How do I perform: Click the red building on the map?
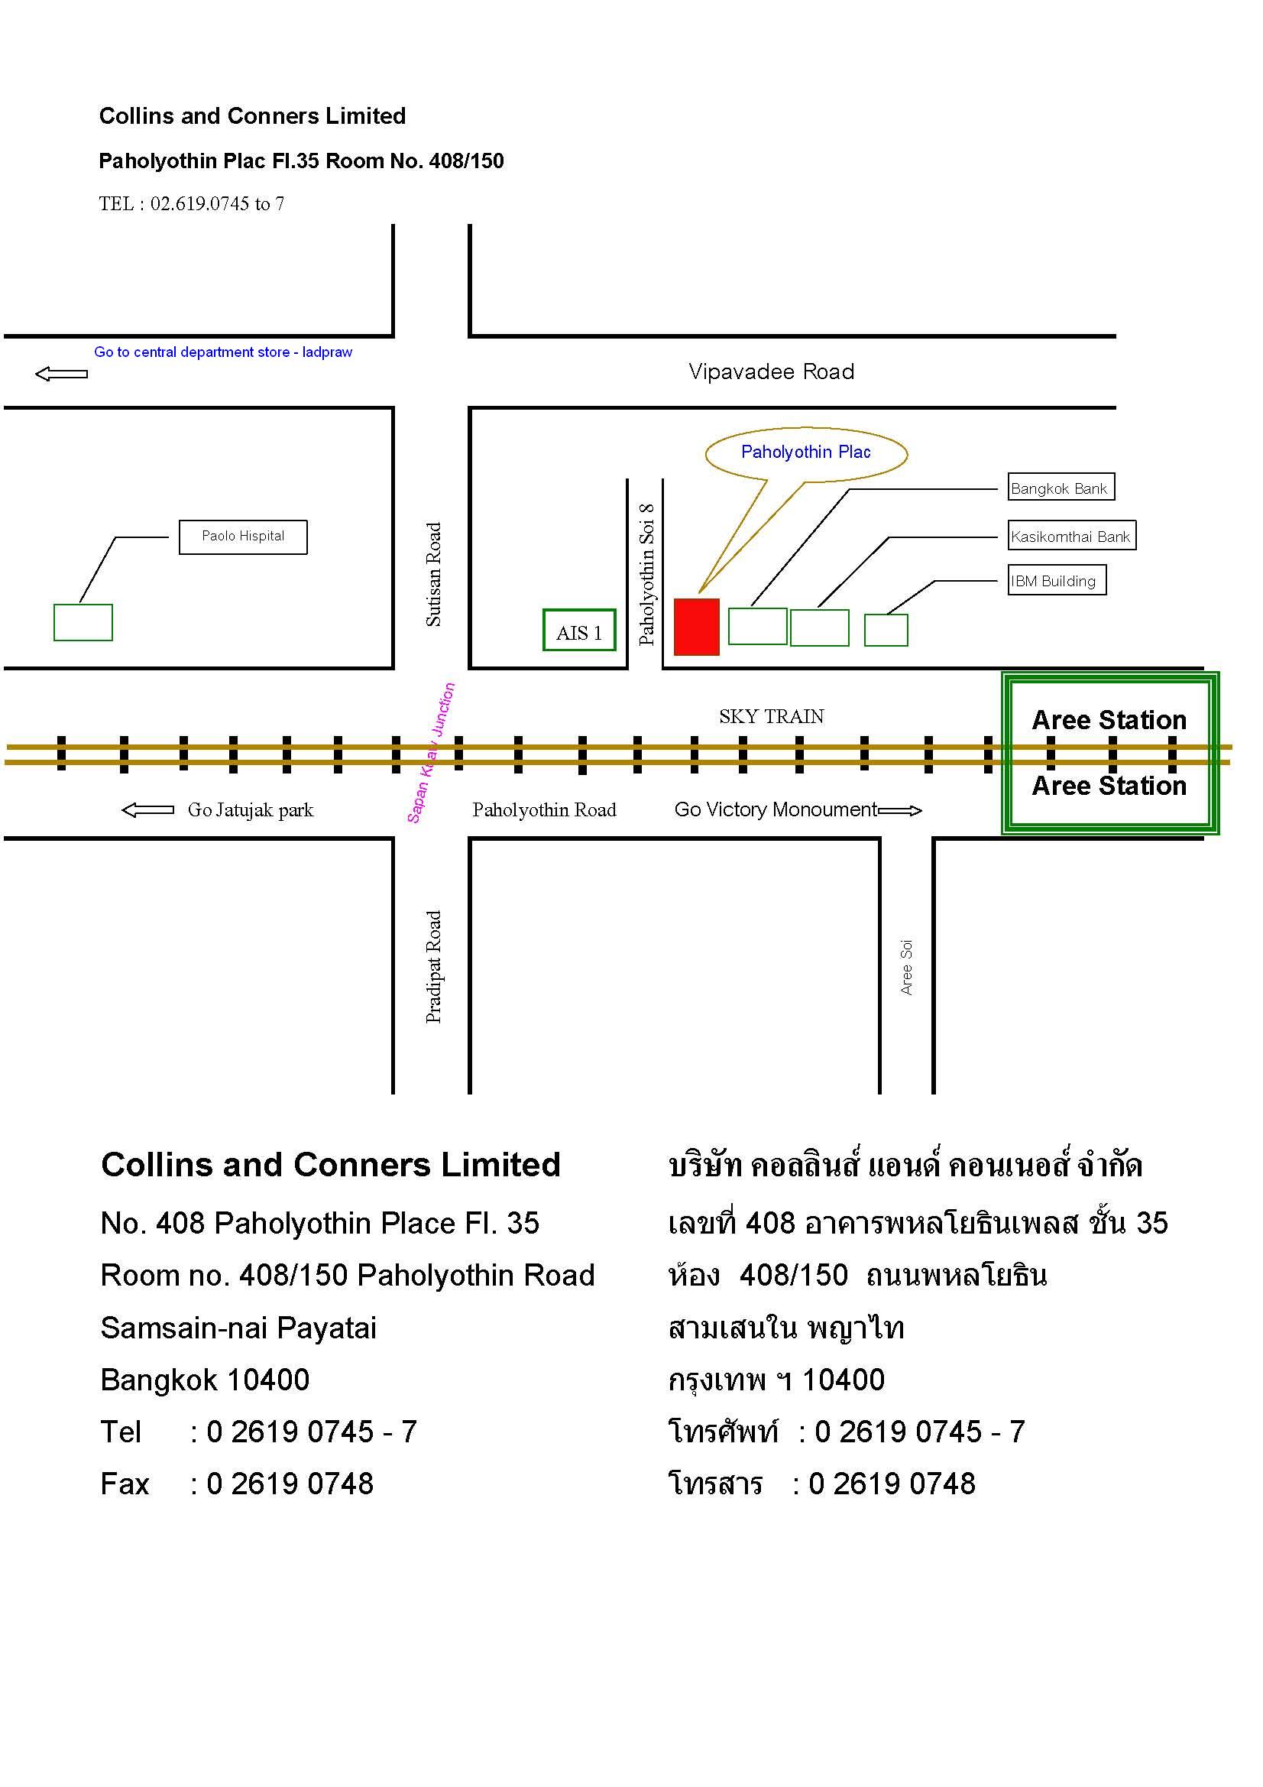[x=697, y=627]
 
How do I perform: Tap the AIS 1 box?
[x=579, y=630]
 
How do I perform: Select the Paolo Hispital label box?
[x=243, y=537]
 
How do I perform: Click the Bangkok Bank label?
[x=1061, y=487]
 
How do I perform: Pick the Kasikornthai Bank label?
[x=1071, y=536]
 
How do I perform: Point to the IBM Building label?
[x=1057, y=580]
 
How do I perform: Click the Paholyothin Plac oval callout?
[x=806, y=453]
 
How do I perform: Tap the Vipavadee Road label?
[x=771, y=372]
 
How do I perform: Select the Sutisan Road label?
[x=433, y=575]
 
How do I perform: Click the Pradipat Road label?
[x=433, y=967]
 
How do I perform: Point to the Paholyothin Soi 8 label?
[x=646, y=575]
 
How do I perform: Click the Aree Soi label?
[x=907, y=968]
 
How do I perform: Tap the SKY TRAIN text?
[x=771, y=717]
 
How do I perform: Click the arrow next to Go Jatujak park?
[x=148, y=810]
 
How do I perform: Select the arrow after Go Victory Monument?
[x=900, y=811]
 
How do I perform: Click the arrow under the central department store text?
[x=61, y=375]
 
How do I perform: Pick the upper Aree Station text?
[x=1109, y=720]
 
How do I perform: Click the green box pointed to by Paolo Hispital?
[x=83, y=623]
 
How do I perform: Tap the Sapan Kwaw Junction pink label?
[x=431, y=753]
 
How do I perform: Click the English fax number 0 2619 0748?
[x=290, y=1484]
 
